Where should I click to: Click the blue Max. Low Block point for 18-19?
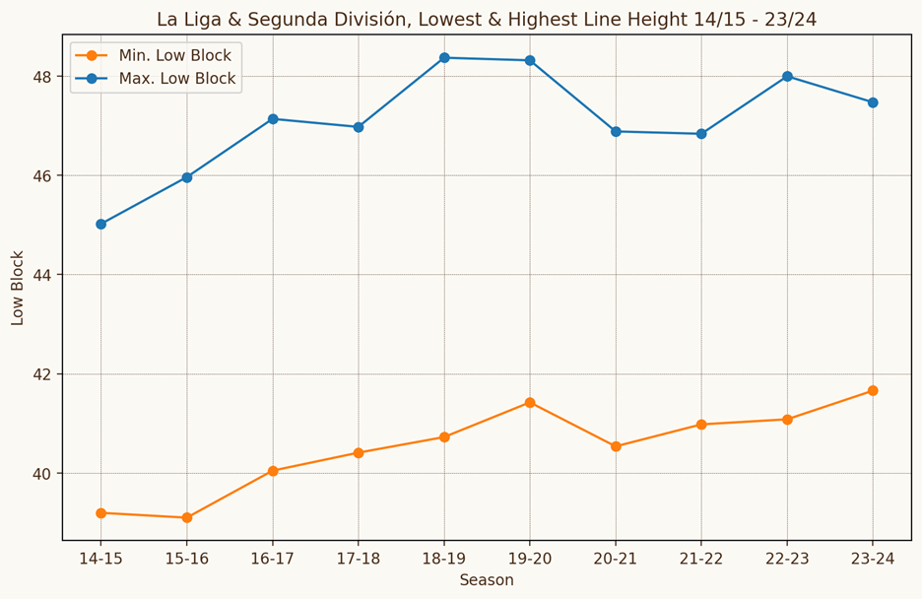coord(444,57)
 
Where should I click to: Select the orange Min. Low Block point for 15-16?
coord(186,517)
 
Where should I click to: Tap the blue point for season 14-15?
coord(100,224)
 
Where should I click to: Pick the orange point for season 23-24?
coord(873,390)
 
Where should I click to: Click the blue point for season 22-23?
coord(787,76)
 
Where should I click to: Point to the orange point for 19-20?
coord(530,402)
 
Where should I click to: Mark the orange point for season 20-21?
coord(616,446)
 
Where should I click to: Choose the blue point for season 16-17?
coord(273,118)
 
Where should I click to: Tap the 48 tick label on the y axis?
coord(42,76)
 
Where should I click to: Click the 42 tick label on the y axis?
coord(42,374)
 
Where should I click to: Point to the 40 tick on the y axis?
coord(42,474)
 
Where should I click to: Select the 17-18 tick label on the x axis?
coord(359,558)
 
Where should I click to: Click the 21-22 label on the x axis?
coord(701,558)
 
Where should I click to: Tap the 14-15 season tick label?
coord(100,558)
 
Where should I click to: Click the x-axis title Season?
coord(487,580)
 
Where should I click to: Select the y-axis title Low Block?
coord(18,288)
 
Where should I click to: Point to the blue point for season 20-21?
coord(616,131)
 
